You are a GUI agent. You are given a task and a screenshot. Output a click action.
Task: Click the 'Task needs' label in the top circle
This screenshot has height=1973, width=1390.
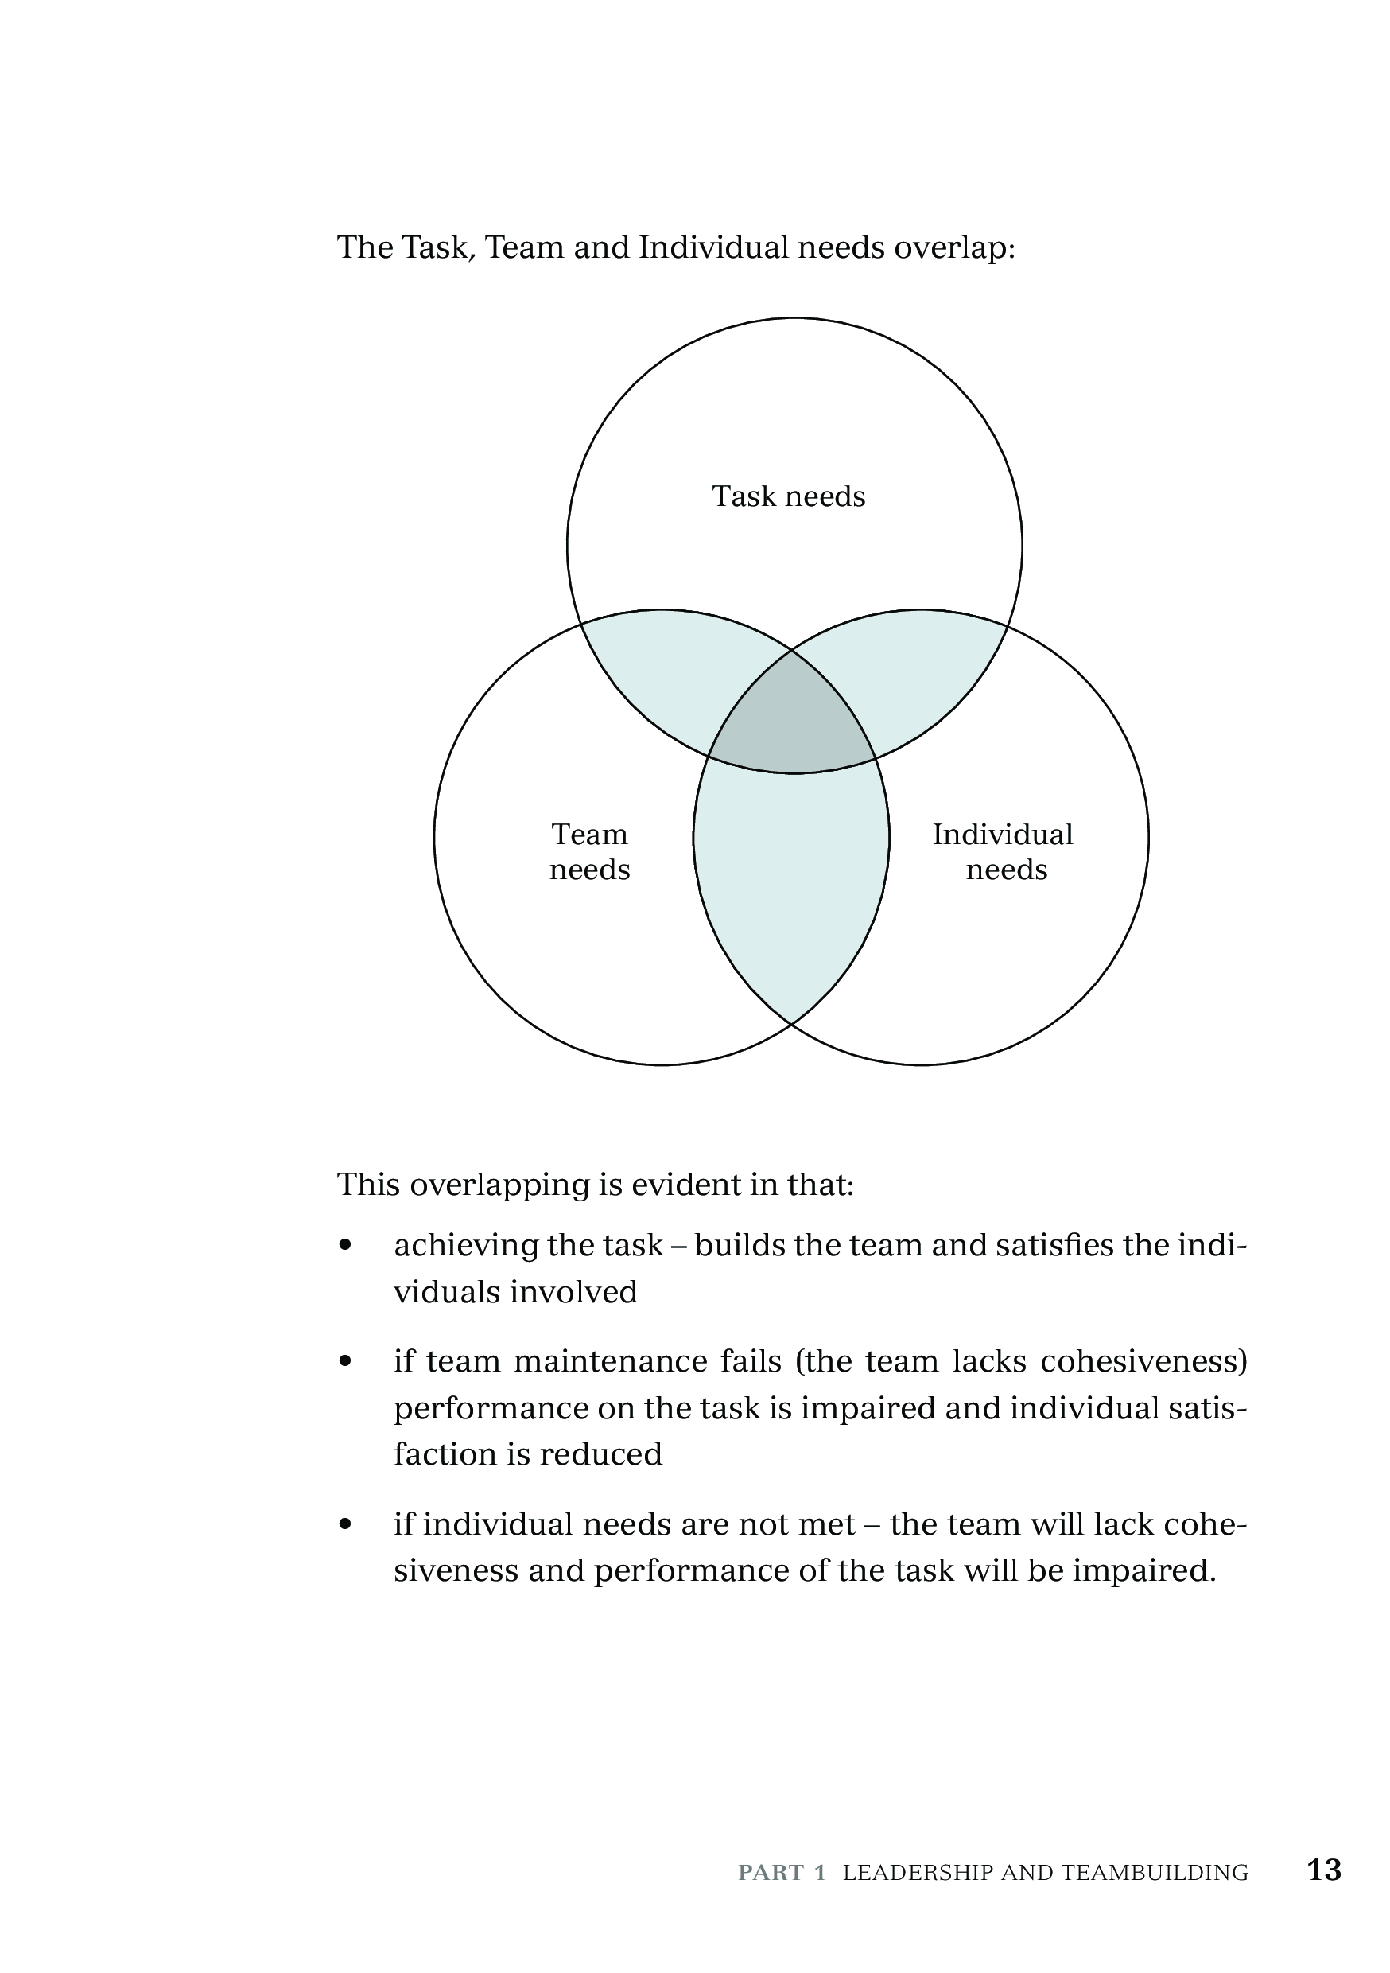pos(789,496)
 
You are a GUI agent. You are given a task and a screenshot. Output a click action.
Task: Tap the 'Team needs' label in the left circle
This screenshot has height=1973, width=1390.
pos(589,851)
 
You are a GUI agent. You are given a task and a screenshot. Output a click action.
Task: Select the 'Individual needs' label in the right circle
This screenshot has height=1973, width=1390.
pos(1004,851)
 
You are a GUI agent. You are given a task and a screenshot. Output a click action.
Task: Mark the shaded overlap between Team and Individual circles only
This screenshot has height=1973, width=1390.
pos(791,885)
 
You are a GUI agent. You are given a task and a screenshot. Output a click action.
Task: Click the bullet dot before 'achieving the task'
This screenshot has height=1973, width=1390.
pos(345,1245)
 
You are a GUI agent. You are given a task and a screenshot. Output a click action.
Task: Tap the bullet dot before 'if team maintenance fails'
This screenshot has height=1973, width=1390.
pos(345,1361)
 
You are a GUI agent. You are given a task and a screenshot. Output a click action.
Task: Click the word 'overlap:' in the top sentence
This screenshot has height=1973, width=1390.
pos(954,248)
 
